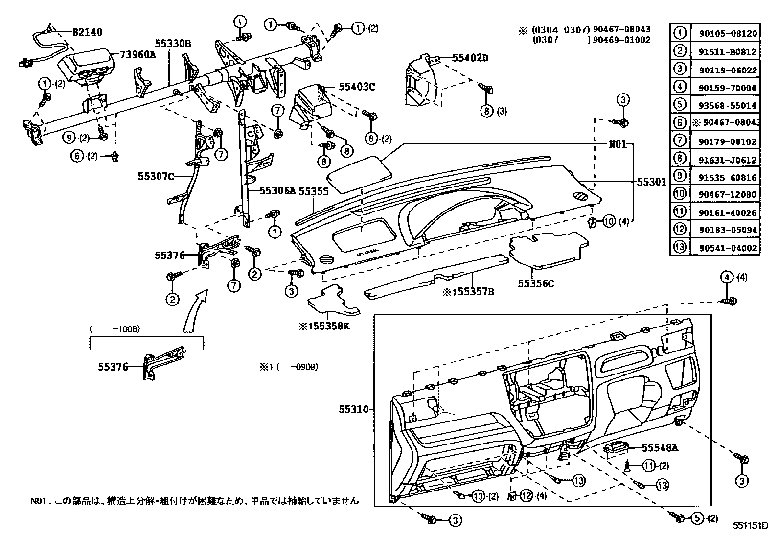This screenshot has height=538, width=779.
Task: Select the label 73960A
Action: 138,55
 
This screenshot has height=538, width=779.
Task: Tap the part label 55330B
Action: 173,44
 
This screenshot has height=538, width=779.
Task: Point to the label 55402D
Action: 470,58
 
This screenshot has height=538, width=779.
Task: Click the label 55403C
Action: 356,87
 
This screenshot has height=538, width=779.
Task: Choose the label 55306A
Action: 277,191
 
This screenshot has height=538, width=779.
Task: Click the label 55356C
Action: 536,283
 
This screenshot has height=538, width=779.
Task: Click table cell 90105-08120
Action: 725,34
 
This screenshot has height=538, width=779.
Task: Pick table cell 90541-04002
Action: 725,248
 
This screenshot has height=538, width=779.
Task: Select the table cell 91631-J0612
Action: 725,160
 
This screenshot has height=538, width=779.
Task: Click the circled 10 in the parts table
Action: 680,194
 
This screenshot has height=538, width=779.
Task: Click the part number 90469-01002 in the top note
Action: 621,40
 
